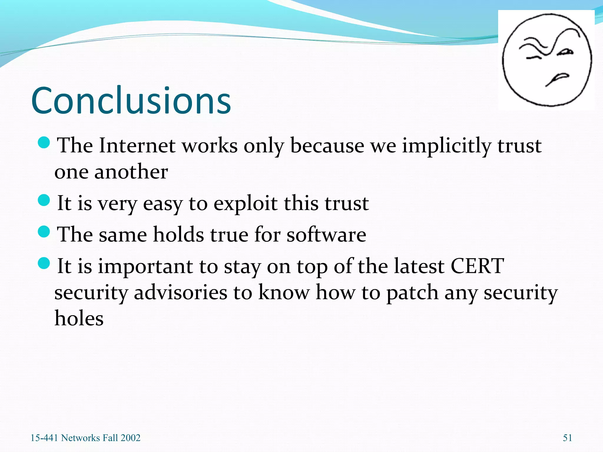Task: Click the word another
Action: pyautogui.click(x=131, y=172)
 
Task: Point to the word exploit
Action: pyautogui.click(x=245, y=203)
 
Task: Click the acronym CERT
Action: pyautogui.click(x=477, y=266)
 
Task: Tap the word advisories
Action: pyautogui.click(x=180, y=293)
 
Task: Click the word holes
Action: pyautogui.click(x=79, y=318)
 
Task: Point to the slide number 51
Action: pyautogui.click(x=567, y=438)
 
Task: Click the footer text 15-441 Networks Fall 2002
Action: pyautogui.click(x=85, y=438)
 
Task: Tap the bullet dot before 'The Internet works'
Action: pyautogui.click(x=44, y=142)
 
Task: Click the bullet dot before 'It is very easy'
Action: pyautogui.click(x=44, y=200)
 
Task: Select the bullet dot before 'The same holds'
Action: pyautogui.click(x=44, y=231)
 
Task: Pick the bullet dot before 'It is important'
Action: pyautogui.click(x=44, y=263)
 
